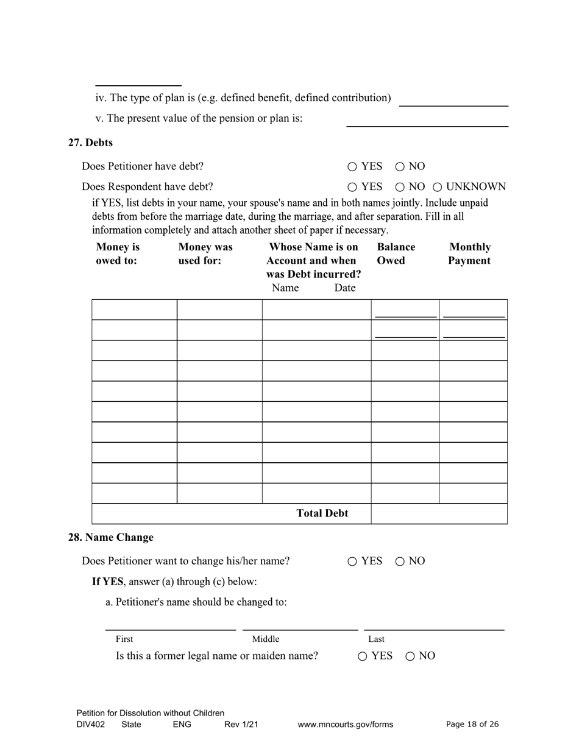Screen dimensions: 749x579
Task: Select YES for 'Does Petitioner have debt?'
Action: click(352, 167)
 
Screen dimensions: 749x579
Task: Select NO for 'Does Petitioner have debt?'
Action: click(400, 167)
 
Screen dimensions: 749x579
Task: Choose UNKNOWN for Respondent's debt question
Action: click(437, 187)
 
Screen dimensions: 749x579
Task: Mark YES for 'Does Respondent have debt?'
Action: click(352, 187)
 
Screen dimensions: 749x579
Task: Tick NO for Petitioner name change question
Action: click(400, 561)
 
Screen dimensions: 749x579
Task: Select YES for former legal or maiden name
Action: click(363, 656)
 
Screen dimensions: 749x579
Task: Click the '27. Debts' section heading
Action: click(90, 142)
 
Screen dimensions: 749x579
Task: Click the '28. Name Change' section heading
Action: click(110, 537)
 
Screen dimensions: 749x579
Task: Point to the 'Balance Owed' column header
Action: click(396, 254)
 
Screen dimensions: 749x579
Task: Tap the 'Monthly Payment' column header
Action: click(469, 254)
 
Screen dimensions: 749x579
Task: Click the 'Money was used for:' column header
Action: click(205, 254)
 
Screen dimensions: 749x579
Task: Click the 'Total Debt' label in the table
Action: click(322, 513)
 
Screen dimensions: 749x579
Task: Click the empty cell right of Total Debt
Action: click(439, 514)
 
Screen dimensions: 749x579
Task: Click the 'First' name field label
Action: click(124, 639)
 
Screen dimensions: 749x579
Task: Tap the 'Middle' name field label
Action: click(266, 639)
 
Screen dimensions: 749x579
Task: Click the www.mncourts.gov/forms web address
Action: click(345, 725)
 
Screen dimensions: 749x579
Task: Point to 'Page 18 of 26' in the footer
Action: click(472, 724)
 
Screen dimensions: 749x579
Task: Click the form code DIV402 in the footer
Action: click(91, 725)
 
